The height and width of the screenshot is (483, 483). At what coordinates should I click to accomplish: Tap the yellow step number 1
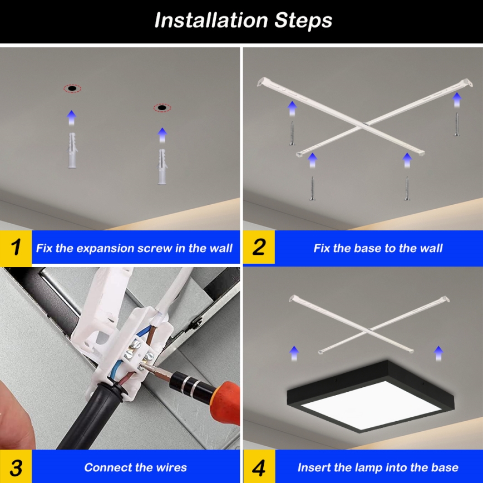point(16,247)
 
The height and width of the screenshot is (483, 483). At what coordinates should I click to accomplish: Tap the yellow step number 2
point(259,247)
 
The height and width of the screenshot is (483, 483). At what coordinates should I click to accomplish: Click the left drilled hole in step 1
point(72,88)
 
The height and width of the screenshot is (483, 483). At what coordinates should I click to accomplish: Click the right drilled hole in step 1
point(162,107)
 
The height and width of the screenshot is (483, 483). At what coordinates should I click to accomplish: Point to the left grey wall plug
point(72,150)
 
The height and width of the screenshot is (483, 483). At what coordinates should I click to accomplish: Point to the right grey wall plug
point(162,166)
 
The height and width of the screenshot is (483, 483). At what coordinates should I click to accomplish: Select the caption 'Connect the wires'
point(135,467)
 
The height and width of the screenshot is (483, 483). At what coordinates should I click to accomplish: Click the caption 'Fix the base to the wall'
point(378,248)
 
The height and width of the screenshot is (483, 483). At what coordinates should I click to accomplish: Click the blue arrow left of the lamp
point(294,352)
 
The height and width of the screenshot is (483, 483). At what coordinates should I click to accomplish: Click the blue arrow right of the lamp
point(438,352)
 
